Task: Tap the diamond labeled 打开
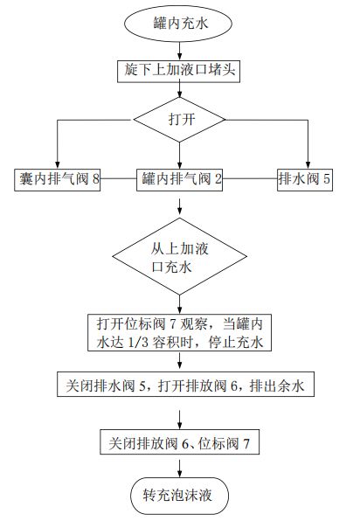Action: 180,119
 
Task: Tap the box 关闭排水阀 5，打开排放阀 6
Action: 180,385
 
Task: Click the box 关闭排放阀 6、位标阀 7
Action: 180,443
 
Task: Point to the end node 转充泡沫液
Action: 180,495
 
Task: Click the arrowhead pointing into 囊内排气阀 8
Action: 57,163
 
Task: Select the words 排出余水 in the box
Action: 279,385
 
